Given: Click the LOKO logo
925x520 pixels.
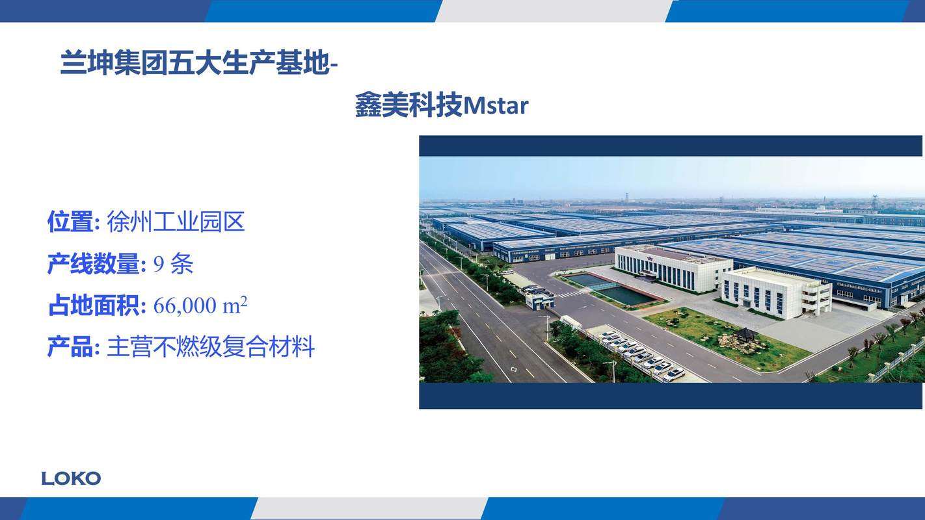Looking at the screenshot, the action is pyautogui.click(x=71, y=479).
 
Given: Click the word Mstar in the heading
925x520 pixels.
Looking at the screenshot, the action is pyautogui.click(x=496, y=106).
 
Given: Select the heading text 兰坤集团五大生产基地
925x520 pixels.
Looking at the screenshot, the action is pyautogui.click(x=194, y=63).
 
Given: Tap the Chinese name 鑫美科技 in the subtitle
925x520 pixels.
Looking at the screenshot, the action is pyautogui.click(x=409, y=105).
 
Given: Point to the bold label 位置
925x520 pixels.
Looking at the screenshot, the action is pyautogui.click(x=70, y=222).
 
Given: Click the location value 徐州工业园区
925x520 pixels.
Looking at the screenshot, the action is pyautogui.click(x=176, y=222).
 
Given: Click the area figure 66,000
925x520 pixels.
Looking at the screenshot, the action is pyautogui.click(x=185, y=306).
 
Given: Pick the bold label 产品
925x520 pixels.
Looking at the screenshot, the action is pyautogui.click(x=70, y=347).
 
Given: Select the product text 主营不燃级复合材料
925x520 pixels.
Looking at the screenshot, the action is pyautogui.click(x=211, y=347).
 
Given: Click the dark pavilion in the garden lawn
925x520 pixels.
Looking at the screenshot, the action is pyautogui.click(x=745, y=333).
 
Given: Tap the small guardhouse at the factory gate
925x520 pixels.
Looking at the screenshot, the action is pyautogui.click(x=540, y=300).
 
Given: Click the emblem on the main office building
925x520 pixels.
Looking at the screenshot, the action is pyautogui.click(x=650, y=258).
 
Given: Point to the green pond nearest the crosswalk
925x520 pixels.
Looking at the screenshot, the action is pyautogui.click(x=626, y=294).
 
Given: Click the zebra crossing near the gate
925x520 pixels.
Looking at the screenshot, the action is pyautogui.click(x=571, y=294).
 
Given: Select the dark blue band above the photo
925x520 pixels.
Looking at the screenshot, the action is pyautogui.click(x=671, y=146).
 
